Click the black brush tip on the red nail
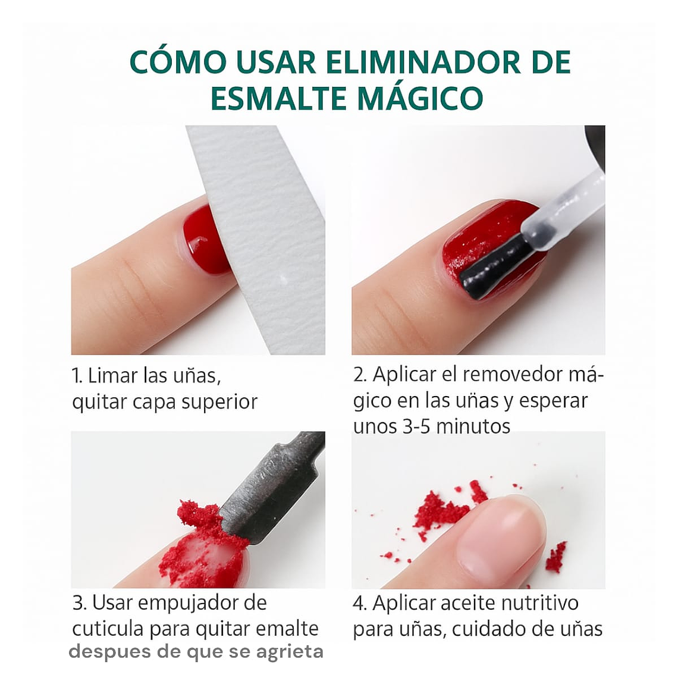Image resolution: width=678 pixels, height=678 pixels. click(x=494, y=271)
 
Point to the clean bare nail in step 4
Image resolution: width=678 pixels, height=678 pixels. click(x=506, y=535)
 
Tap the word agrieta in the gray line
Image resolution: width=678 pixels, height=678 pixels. click(x=290, y=652)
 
